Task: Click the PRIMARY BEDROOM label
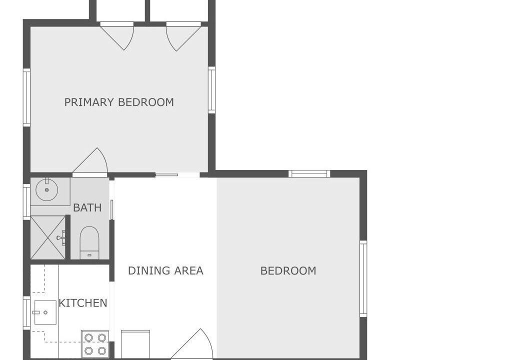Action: [x=119, y=102]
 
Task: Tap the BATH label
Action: [x=87, y=207]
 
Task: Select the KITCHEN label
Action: [x=83, y=303]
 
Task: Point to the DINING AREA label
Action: [x=165, y=270]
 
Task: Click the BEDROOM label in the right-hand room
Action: [x=288, y=270]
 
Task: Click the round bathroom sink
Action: [x=46, y=189]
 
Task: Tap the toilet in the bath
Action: [x=89, y=242]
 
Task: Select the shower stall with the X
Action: [x=48, y=237]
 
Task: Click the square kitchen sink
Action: [x=45, y=312]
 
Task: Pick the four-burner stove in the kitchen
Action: [x=95, y=344]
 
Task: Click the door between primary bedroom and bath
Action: [x=90, y=161]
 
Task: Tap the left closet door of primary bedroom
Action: [x=117, y=36]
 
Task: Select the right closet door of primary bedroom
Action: [x=183, y=36]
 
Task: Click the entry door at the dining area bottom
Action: [x=191, y=344]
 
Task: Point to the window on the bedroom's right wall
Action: [x=363, y=278]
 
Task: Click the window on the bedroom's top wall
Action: [x=309, y=173]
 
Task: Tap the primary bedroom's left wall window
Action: [x=26, y=97]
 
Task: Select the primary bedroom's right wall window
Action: [x=211, y=90]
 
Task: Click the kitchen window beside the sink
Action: [x=26, y=313]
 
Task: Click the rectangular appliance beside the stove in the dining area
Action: [x=135, y=344]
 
